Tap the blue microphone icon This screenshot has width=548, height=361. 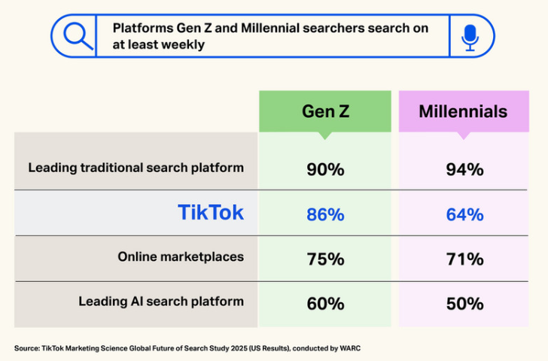[470, 35]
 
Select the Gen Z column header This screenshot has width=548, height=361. [325, 112]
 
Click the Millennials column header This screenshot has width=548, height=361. [463, 112]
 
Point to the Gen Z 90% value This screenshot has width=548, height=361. [325, 169]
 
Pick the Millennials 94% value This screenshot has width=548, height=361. [464, 169]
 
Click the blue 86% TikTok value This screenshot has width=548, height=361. [325, 214]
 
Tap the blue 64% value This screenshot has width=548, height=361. [464, 214]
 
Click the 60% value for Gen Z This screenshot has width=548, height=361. [325, 304]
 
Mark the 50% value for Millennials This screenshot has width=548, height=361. [464, 304]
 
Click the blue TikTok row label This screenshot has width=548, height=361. [211, 213]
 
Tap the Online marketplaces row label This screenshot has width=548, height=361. [181, 256]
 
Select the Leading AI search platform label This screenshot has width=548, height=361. [161, 302]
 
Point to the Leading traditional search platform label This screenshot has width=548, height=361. [136, 167]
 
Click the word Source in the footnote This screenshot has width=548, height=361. [26, 348]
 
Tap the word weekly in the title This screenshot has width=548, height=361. [184, 44]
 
